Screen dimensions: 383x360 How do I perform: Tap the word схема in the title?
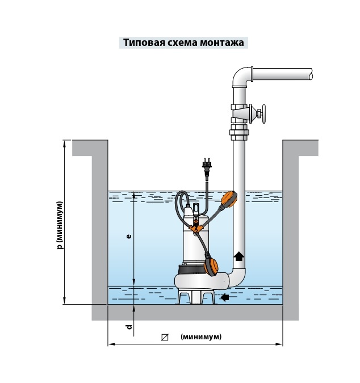click(177, 43)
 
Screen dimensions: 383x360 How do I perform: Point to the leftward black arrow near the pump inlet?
click(225, 297)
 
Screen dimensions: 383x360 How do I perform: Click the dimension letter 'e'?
click(128, 237)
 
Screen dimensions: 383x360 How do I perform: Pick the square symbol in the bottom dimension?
click(165, 337)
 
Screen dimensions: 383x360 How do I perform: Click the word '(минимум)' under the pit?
click(201, 337)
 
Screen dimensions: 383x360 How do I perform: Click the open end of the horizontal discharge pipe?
click(311, 74)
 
